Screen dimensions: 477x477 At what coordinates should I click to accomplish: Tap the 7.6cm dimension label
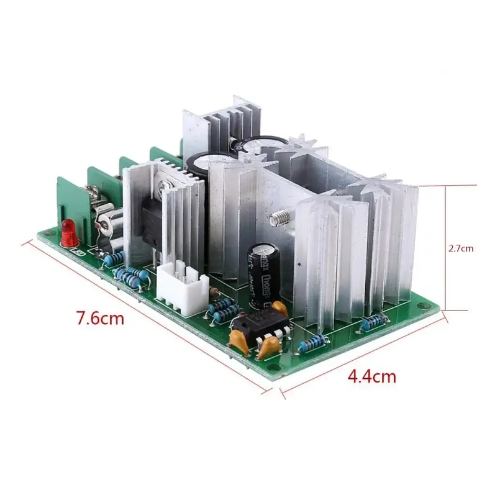coord(100,319)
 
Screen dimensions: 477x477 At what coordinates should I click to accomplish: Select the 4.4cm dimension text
coord(371,376)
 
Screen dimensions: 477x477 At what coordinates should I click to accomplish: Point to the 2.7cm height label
coord(461,248)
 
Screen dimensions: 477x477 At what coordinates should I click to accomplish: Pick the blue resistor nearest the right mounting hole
coord(373,320)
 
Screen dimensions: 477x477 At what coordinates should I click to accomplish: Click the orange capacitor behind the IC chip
coord(279,309)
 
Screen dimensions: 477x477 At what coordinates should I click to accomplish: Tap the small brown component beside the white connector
coord(213,291)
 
